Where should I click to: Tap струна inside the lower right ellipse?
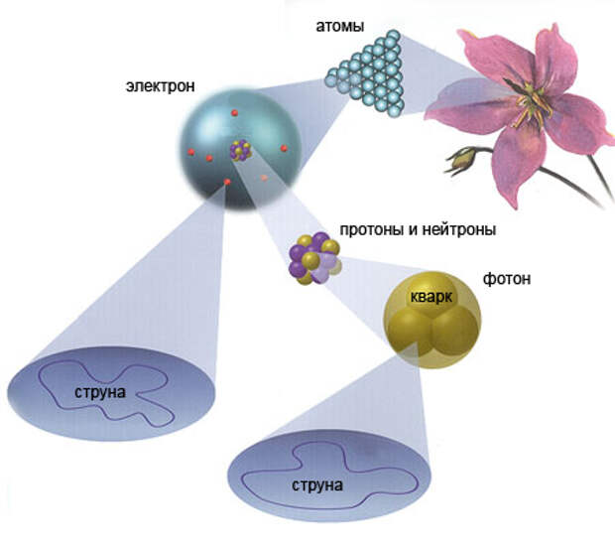pyautogui.click(x=317, y=486)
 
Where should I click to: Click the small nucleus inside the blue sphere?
pyautogui.click(x=239, y=151)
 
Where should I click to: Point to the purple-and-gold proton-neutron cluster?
pyautogui.click(x=314, y=258)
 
